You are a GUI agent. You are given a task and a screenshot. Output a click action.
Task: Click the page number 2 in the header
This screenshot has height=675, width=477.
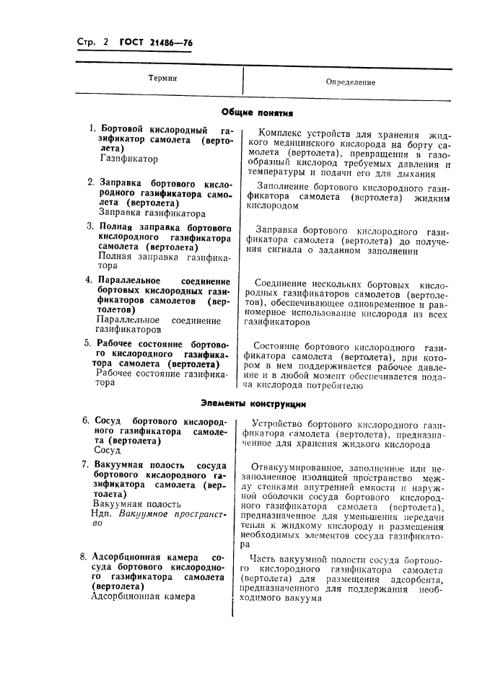(105, 43)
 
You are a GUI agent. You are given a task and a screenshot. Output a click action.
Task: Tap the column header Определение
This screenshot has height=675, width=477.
(351, 82)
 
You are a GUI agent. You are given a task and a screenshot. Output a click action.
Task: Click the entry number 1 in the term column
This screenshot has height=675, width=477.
(92, 128)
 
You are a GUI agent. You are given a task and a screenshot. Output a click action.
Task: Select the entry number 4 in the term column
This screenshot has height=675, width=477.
(89, 280)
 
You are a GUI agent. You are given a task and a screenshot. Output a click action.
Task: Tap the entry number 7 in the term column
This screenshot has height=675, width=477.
(85, 464)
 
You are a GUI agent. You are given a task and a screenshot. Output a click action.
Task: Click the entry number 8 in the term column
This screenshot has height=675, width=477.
(85, 557)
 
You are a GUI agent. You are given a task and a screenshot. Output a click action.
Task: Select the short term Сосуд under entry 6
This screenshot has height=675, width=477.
(107, 449)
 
